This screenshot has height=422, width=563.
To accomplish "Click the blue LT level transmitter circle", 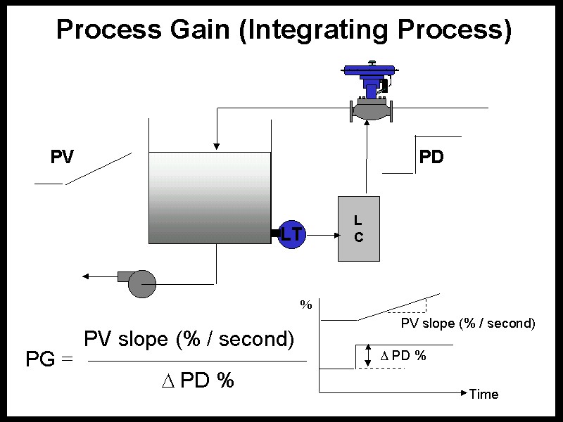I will point(291,234).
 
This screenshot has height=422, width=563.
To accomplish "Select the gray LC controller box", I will point(359,229).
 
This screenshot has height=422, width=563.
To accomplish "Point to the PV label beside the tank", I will point(62,157).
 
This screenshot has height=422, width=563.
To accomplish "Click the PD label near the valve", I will point(431,157).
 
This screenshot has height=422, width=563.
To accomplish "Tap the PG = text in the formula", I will point(49,359).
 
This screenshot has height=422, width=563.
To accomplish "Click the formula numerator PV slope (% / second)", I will point(189,338).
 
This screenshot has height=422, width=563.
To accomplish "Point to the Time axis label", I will point(483,394).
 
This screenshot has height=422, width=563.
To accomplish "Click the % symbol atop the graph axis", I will point(306,305).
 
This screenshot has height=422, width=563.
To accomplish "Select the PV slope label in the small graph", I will point(468,324).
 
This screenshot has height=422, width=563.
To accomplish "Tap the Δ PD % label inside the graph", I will point(403,355).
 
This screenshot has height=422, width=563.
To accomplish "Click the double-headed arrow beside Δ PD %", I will point(367,356).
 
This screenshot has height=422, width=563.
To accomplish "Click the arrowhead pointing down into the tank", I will point(217,146).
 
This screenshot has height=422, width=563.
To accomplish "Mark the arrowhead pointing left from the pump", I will point(87,276).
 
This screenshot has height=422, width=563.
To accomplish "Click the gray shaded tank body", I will point(210,198).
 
